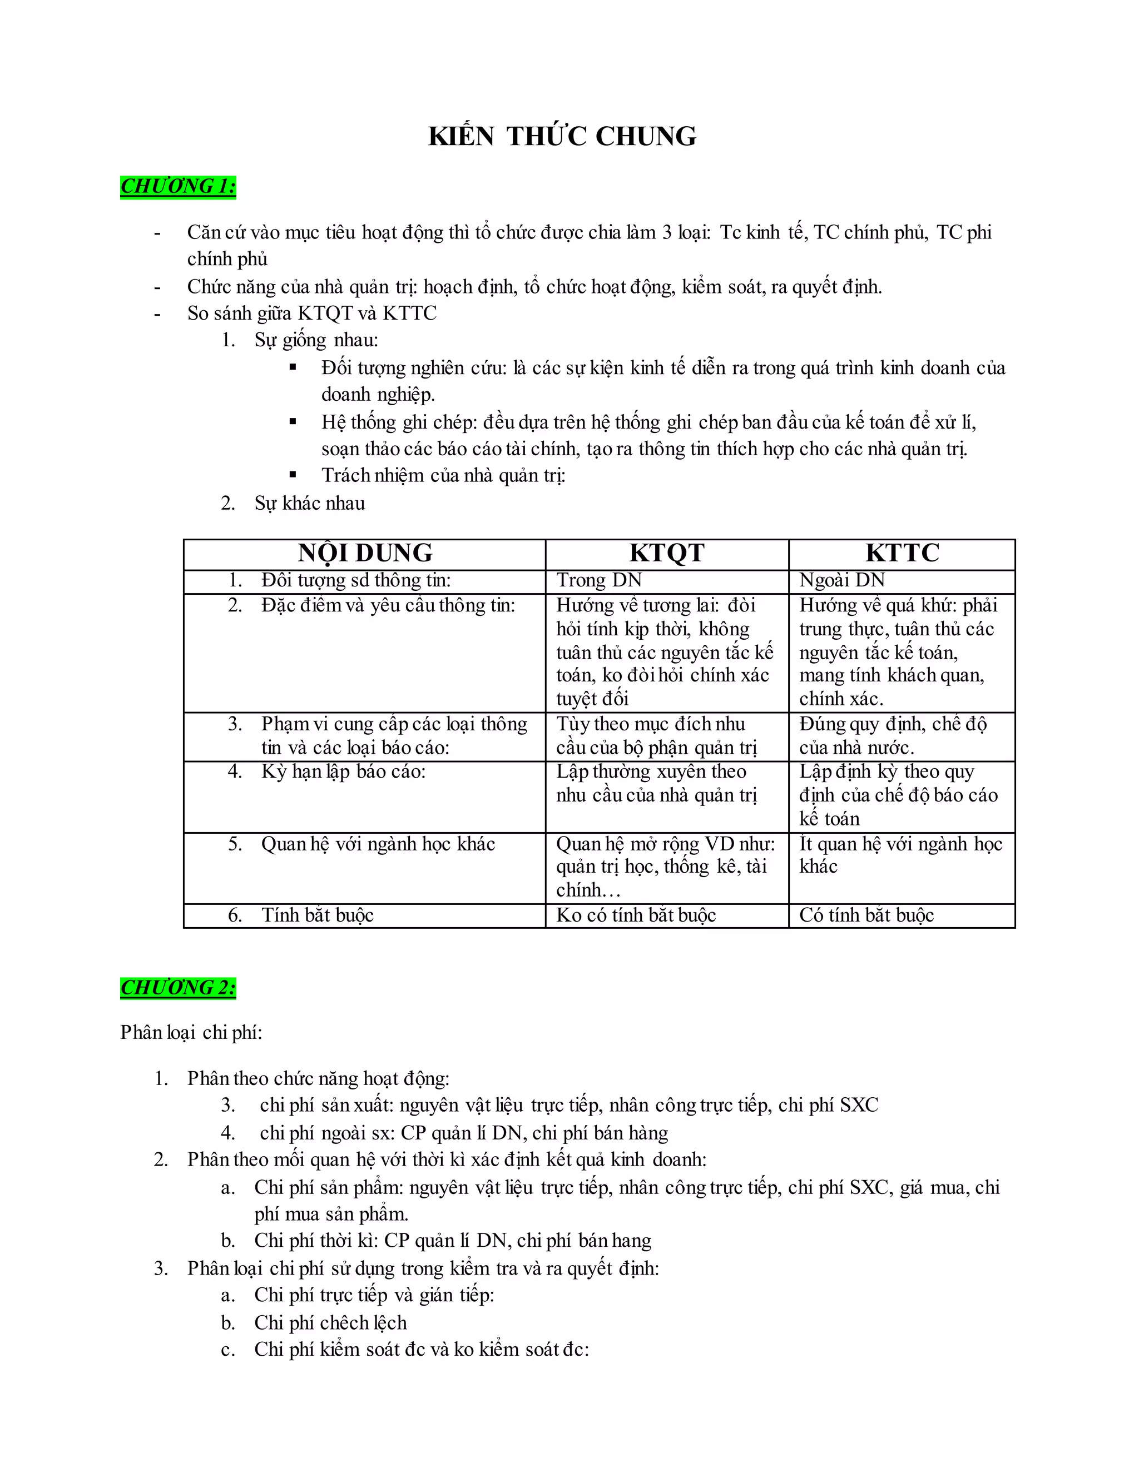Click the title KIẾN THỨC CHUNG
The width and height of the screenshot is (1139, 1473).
pyautogui.click(x=562, y=136)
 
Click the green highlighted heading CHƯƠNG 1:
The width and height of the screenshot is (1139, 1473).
pyautogui.click(x=178, y=186)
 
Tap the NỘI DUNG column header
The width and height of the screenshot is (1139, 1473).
pyautogui.click(x=365, y=553)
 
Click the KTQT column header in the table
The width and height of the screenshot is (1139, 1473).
pyautogui.click(x=667, y=553)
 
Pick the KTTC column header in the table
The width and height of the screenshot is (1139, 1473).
pyautogui.click(x=902, y=553)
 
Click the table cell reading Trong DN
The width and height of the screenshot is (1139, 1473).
pyautogui.click(x=599, y=580)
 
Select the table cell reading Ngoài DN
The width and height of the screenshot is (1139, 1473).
pyautogui.click(x=841, y=580)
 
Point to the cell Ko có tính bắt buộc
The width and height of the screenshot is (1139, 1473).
pyautogui.click(x=636, y=915)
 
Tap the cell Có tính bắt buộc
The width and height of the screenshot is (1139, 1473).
pyautogui.click(x=866, y=915)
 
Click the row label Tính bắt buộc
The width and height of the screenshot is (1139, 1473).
pyautogui.click(x=317, y=915)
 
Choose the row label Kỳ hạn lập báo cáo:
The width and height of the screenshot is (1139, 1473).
pyautogui.click(x=344, y=771)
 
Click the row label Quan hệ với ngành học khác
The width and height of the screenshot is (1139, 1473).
pyautogui.click(x=378, y=844)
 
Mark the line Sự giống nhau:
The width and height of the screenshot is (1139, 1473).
pyautogui.click(x=316, y=340)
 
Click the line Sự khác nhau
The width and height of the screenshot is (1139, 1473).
pyautogui.click(x=309, y=503)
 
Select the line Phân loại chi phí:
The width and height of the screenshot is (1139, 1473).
pyautogui.click(x=191, y=1033)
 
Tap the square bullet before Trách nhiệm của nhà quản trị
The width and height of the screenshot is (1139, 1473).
pyautogui.click(x=293, y=475)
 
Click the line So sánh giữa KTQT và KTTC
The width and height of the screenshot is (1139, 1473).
pyautogui.click(x=312, y=313)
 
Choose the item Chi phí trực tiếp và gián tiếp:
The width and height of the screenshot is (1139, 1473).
pyautogui.click(x=374, y=1295)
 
